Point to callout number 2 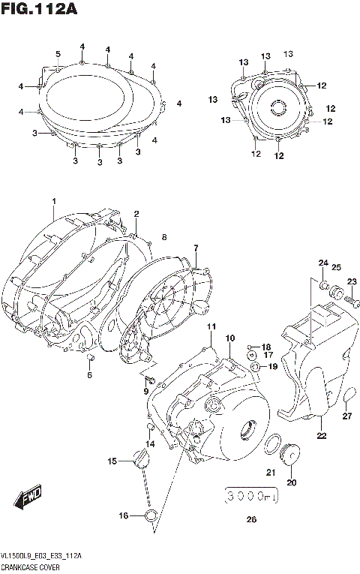(x=136, y=214)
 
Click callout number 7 (x=196, y=248)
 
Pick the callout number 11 (x=211, y=326)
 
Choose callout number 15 (x=112, y=461)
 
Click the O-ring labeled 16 (x=151, y=515)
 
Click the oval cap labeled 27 (x=349, y=394)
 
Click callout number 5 (x=58, y=53)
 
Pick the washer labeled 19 (x=257, y=366)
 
